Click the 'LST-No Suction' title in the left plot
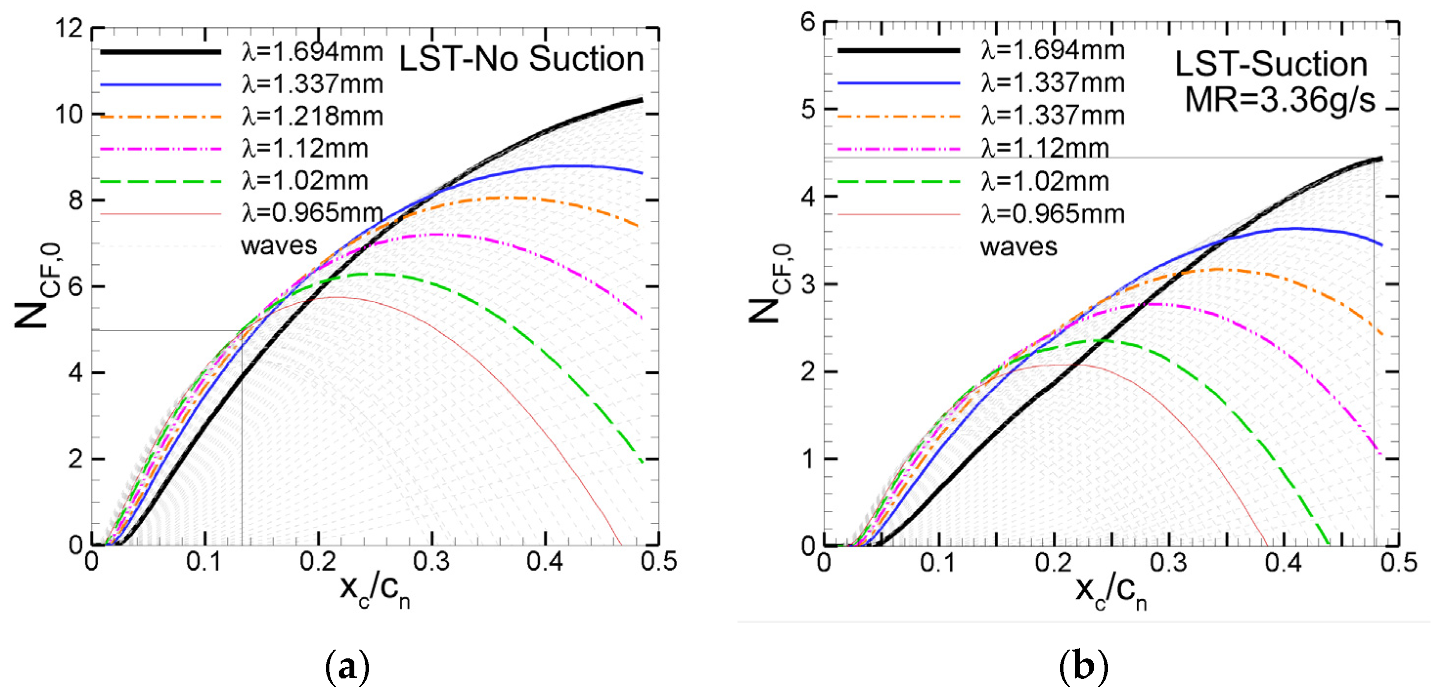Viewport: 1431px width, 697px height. point(521,59)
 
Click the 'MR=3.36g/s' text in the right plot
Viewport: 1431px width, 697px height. point(1280,101)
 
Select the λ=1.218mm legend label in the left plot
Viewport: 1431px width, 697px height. point(312,117)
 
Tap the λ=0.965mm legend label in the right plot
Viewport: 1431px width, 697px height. point(1052,214)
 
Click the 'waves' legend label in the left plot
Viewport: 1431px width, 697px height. point(279,246)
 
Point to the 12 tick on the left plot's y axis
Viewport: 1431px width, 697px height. point(69,28)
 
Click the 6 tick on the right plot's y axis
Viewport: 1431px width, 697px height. point(808,22)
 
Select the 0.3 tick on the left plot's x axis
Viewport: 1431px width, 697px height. point(431,562)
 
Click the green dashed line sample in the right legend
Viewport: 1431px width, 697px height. point(898,182)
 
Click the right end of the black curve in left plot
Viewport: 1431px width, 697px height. point(642,100)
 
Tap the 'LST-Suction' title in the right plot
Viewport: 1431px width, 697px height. point(1271,64)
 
